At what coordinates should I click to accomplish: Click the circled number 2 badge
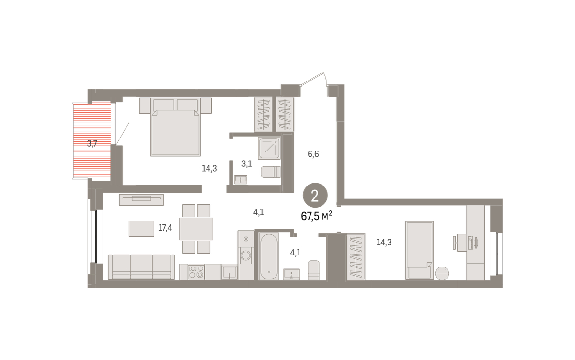315,195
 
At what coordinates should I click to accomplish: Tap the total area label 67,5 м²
316,216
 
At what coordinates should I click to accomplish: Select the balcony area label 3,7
92,143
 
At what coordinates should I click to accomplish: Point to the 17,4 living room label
165,228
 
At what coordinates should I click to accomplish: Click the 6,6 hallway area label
313,154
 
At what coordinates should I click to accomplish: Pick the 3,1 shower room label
246,163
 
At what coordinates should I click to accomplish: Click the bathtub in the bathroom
268,256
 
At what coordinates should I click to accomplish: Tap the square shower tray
269,148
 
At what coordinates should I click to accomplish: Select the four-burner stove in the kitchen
196,272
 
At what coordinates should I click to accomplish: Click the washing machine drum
246,255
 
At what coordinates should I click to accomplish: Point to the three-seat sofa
141,267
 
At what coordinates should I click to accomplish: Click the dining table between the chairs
196,229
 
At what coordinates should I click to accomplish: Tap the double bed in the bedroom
175,127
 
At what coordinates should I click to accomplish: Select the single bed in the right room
419,250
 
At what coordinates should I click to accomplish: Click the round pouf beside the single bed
442,273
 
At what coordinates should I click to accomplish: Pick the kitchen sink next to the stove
230,272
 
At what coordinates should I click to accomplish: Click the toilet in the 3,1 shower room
271,172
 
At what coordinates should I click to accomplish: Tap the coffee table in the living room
141,229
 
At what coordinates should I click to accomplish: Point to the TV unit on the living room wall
141,199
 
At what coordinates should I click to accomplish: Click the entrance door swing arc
325,78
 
